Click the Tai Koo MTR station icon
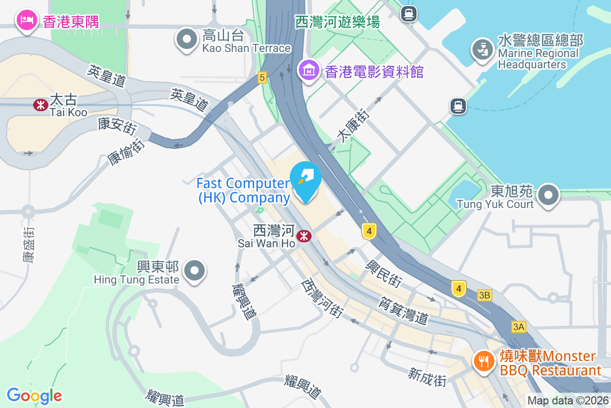coord(39,105)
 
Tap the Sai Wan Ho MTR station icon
coord(304,236)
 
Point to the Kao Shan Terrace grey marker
coord(187,40)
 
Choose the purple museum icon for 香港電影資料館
coord(309,70)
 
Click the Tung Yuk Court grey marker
coord(548,195)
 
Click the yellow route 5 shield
coord(262,78)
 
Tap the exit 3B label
coord(485,295)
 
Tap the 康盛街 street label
coord(29,244)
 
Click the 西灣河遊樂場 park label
coord(338,22)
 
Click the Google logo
coord(34,396)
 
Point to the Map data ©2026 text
coord(568,400)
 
